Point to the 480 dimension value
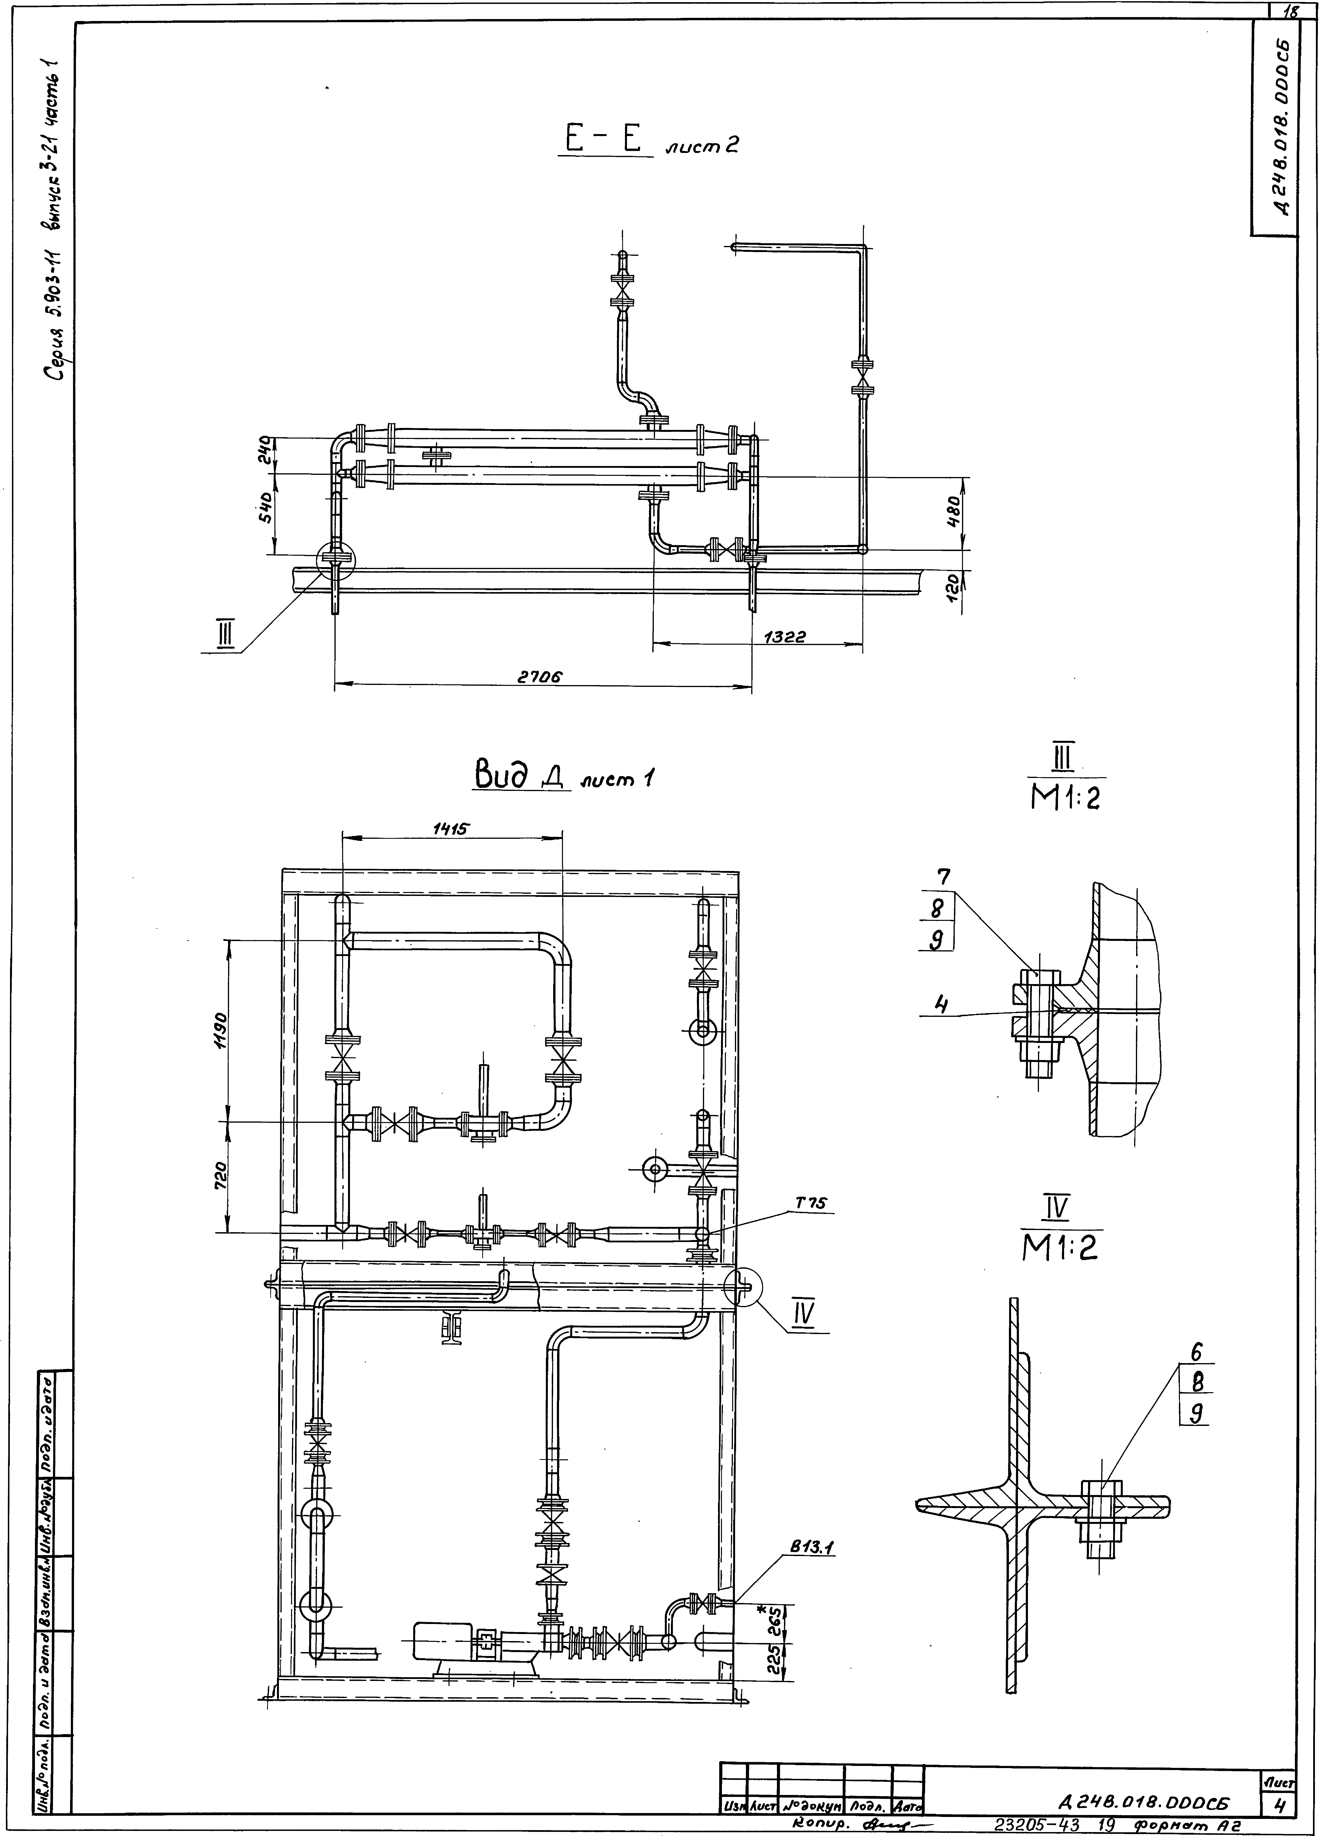tap(954, 512)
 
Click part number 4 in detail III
tap(941, 1004)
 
